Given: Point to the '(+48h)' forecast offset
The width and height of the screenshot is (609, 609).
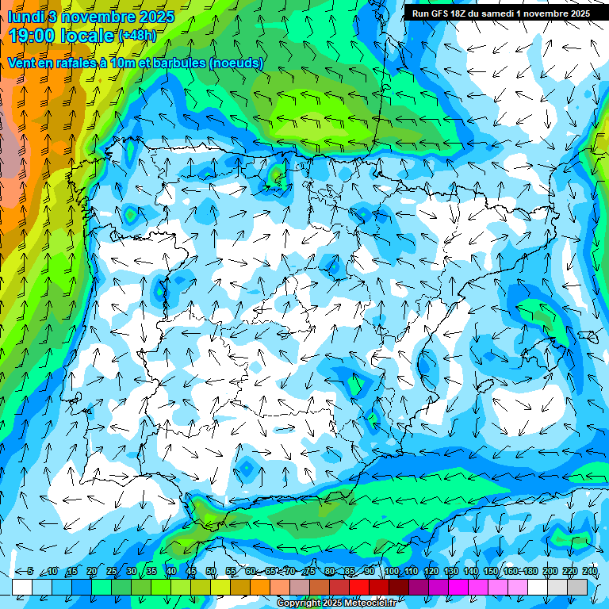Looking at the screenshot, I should click(x=138, y=36).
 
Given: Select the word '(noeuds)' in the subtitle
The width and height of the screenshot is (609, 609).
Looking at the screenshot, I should click(x=236, y=63).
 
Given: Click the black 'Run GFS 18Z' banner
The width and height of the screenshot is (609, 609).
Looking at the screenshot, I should click(x=500, y=13).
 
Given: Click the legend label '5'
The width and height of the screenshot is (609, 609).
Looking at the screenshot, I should click(x=30, y=571).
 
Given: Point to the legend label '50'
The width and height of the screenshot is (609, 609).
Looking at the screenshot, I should click(x=211, y=571).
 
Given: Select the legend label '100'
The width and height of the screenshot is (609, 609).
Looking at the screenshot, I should click(x=391, y=571).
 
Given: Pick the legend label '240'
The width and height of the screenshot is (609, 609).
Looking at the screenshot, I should click(x=589, y=571).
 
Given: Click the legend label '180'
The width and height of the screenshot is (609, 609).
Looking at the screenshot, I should click(x=530, y=571).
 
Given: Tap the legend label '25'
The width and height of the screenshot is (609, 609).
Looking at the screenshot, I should click(x=112, y=571).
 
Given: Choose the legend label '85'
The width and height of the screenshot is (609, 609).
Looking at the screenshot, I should click(x=350, y=571).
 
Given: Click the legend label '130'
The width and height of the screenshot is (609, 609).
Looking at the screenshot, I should click(x=450, y=571).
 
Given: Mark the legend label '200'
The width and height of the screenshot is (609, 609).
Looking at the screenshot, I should click(x=550, y=571).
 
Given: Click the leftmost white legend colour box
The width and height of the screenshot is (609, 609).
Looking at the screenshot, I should click(x=22, y=587).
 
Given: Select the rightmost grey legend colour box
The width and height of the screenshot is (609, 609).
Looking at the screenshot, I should click(x=578, y=587).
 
